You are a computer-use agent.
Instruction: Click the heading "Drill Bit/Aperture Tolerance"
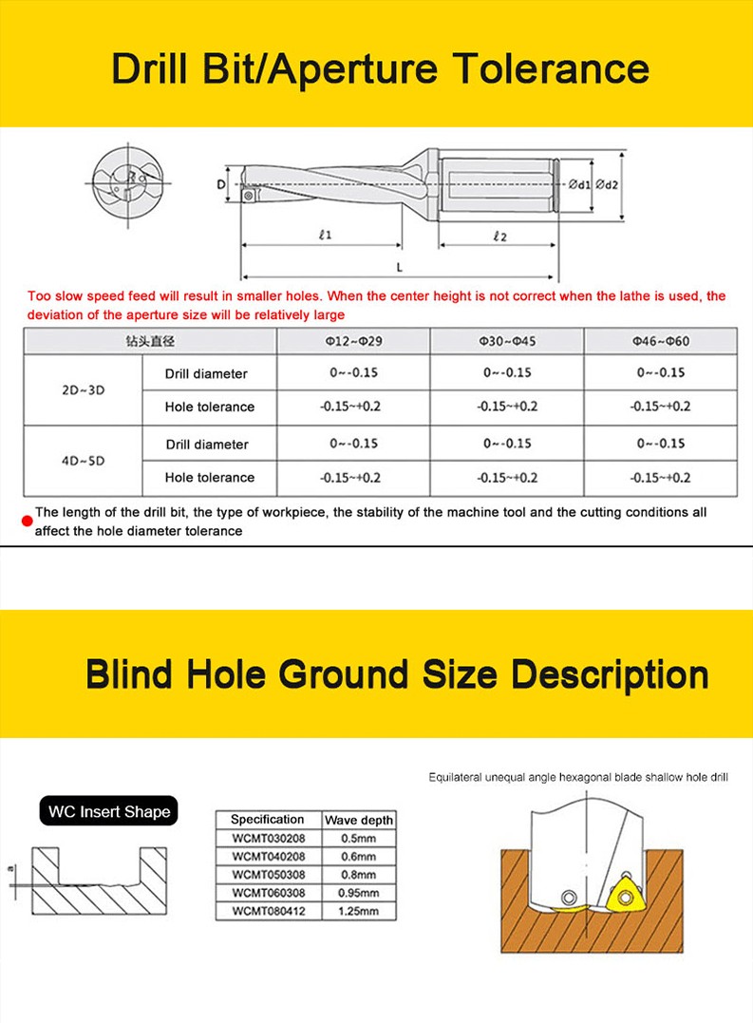coord(380,69)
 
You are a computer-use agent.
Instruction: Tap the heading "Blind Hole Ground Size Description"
coord(397,674)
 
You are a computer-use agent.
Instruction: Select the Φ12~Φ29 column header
coord(354,340)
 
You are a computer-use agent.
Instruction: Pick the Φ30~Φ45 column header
coord(507,340)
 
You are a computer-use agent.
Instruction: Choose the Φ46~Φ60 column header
coord(661,340)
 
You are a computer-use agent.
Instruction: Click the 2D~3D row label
coord(83,389)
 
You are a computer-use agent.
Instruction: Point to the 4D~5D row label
coord(83,460)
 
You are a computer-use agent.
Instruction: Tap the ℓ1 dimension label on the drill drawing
coord(325,236)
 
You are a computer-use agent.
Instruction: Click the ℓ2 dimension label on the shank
coord(500,236)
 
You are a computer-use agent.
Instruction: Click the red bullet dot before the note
coord(28,519)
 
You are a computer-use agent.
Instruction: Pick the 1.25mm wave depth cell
coord(358,911)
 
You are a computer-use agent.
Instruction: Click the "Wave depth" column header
coord(358,820)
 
